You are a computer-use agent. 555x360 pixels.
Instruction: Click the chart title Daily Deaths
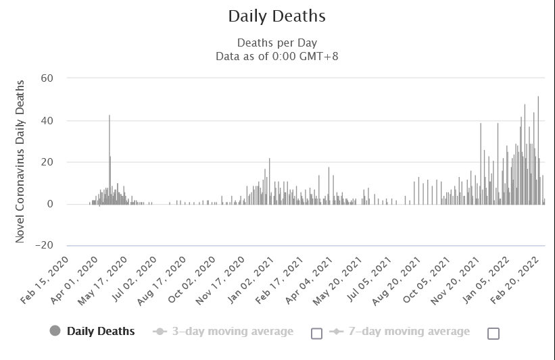[277, 16]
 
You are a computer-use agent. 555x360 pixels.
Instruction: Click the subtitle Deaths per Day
[277, 43]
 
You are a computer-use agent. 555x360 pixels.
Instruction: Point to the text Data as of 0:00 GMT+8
[277, 56]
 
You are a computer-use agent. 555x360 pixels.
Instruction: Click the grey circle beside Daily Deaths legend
[55, 331]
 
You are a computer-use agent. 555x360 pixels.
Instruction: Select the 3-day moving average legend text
[232, 331]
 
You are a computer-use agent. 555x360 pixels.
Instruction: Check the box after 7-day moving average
[493, 333]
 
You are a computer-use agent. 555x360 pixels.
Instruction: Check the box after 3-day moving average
[316, 333]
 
